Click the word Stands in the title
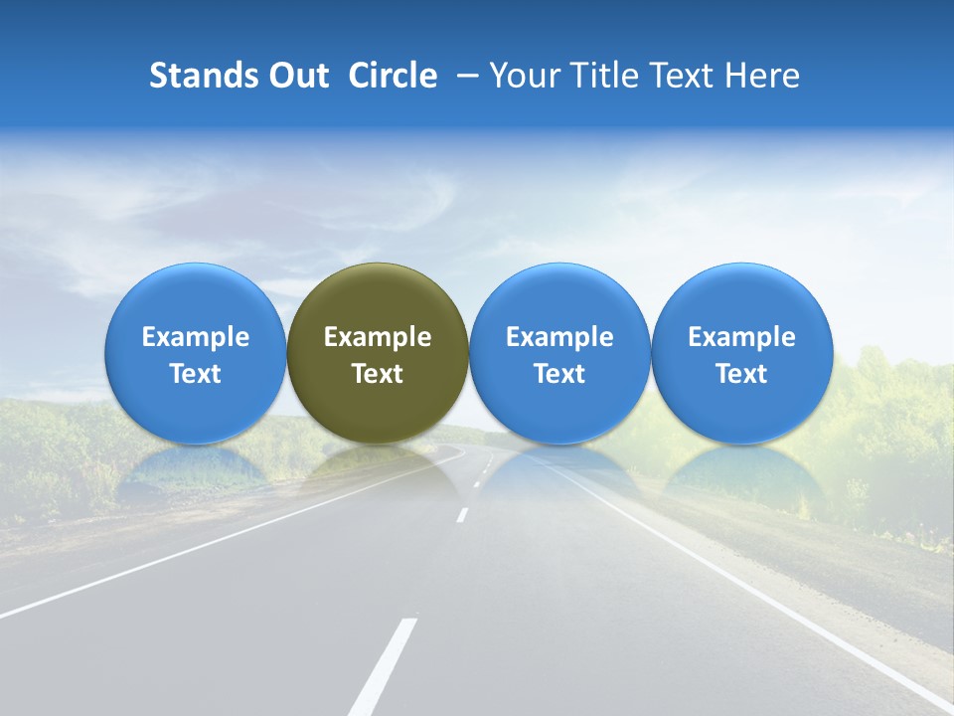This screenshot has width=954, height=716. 202,76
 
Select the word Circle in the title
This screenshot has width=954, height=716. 393,76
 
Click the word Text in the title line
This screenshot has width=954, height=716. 686,76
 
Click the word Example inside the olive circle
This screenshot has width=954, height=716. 378,337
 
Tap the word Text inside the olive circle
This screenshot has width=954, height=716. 378,374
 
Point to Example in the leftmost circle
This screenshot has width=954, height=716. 195,337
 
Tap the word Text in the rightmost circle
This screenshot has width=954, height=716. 741,374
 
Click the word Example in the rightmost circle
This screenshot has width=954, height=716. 741,337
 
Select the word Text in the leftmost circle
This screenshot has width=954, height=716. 195,374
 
